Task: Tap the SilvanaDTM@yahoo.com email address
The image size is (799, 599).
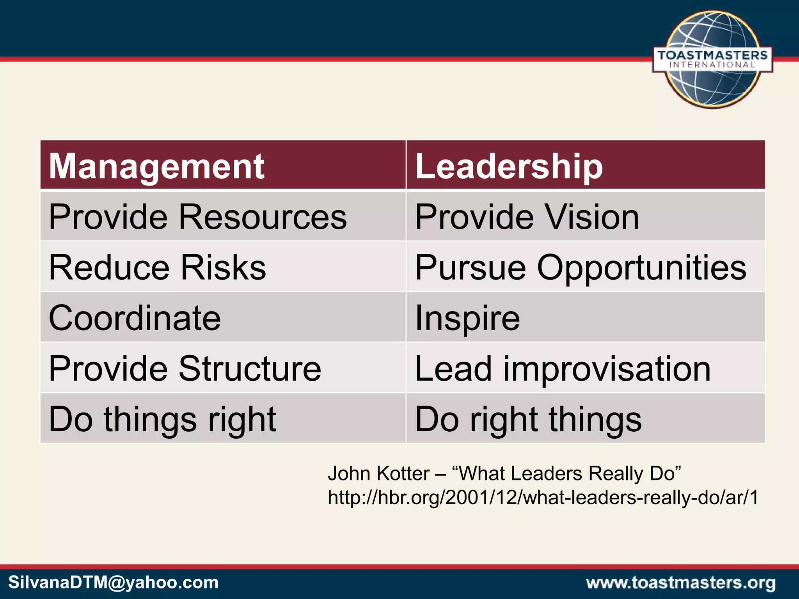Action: point(113,583)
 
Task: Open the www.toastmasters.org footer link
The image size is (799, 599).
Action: point(680,583)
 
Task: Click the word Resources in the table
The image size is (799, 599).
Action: point(263,216)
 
